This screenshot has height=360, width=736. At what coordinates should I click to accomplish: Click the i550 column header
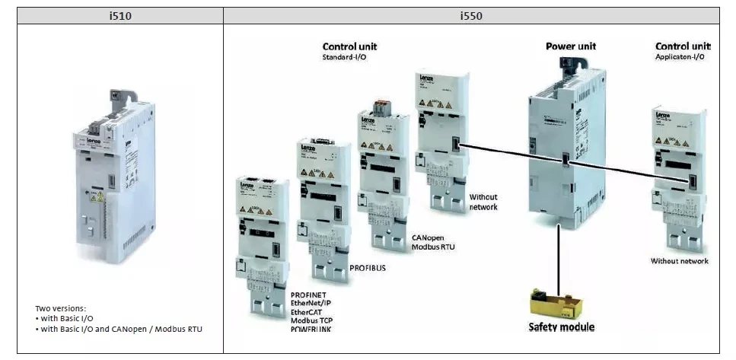tap(471, 15)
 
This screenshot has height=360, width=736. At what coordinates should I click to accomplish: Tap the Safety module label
tap(562, 327)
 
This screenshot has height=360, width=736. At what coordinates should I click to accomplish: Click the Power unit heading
tap(571, 46)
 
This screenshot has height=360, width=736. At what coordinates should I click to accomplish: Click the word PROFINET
tap(313, 294)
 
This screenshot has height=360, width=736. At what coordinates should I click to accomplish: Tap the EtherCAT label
tap(310, 311)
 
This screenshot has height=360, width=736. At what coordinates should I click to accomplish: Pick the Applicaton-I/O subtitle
tap(681, 57)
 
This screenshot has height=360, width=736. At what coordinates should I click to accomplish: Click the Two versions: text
tap(61, 308)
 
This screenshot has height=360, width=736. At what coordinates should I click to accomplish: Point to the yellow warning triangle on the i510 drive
tap(99, 197)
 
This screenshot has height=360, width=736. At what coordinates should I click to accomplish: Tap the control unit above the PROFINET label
tap(263, 244)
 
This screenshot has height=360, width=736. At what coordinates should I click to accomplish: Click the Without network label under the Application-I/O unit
tap(679, 261)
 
